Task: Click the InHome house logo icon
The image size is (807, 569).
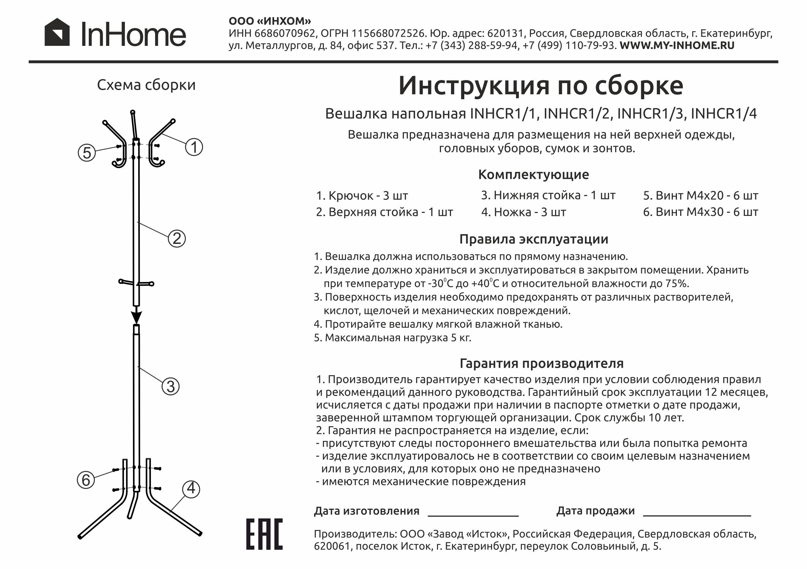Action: (x=57, y=32)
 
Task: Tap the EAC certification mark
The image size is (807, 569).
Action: (x=264, y=534)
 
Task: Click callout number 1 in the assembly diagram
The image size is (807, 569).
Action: (x=194, y=147)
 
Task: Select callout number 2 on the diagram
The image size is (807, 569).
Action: (x=177, y=239)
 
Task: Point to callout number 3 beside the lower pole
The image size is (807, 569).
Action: (x=170, y=386)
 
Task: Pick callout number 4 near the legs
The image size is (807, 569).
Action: (x=191, y=488)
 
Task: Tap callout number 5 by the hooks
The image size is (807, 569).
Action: (x=87, y=152)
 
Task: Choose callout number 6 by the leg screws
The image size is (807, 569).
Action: (x=86, y=480)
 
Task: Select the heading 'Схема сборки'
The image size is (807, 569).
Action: (x=146, y=85)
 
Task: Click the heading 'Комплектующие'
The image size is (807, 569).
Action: (x=534, y=175)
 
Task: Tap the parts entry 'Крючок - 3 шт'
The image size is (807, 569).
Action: (x=362, y=196)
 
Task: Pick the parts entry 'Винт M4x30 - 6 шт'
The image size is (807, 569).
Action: (x=700, y=212)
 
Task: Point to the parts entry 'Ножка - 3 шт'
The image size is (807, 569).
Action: (x=524, y=212)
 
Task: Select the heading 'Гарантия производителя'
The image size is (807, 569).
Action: (x=542, y=364)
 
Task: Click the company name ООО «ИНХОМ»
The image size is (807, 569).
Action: (x=270, y=21)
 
